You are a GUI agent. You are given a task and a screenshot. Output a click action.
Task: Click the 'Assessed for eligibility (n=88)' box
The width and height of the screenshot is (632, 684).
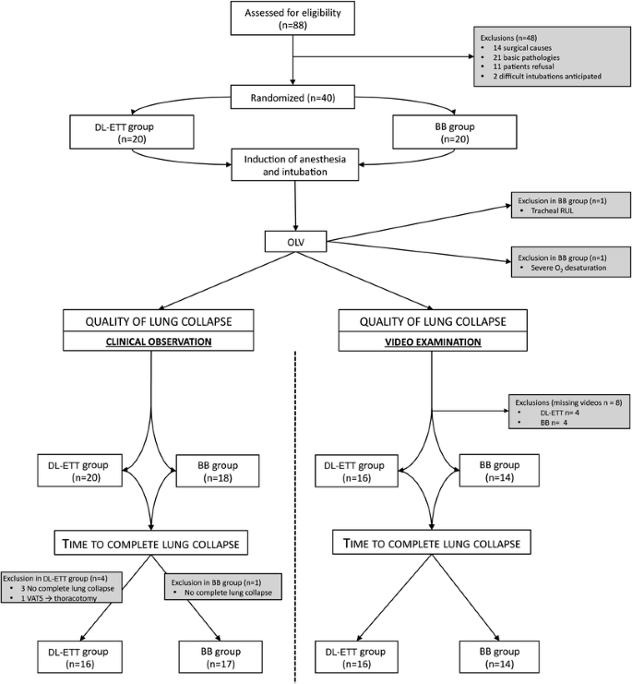coord(292,19)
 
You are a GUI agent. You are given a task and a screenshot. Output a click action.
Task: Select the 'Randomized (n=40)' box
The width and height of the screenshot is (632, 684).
coord(292,99)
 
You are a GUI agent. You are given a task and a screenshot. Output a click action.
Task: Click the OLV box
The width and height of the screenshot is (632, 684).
coord(295,242)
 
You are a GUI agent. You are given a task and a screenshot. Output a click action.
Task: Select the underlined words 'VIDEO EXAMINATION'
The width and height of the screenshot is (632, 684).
coord(433,341)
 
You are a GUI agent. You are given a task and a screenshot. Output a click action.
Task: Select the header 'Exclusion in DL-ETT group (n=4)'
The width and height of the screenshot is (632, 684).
coord(60,576)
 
